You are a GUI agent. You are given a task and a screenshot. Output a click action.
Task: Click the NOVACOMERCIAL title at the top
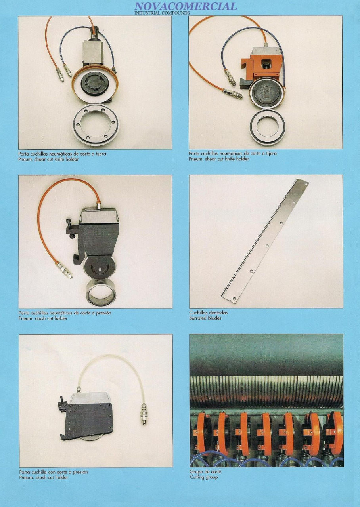[186, 6]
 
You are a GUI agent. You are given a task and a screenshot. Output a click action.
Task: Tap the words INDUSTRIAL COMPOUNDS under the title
[162, 13]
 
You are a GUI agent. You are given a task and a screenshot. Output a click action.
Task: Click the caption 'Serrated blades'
[205, 318]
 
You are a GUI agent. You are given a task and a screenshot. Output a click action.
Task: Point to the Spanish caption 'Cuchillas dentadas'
[209, 313]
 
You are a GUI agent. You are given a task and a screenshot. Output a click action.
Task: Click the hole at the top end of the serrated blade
[306, 184]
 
